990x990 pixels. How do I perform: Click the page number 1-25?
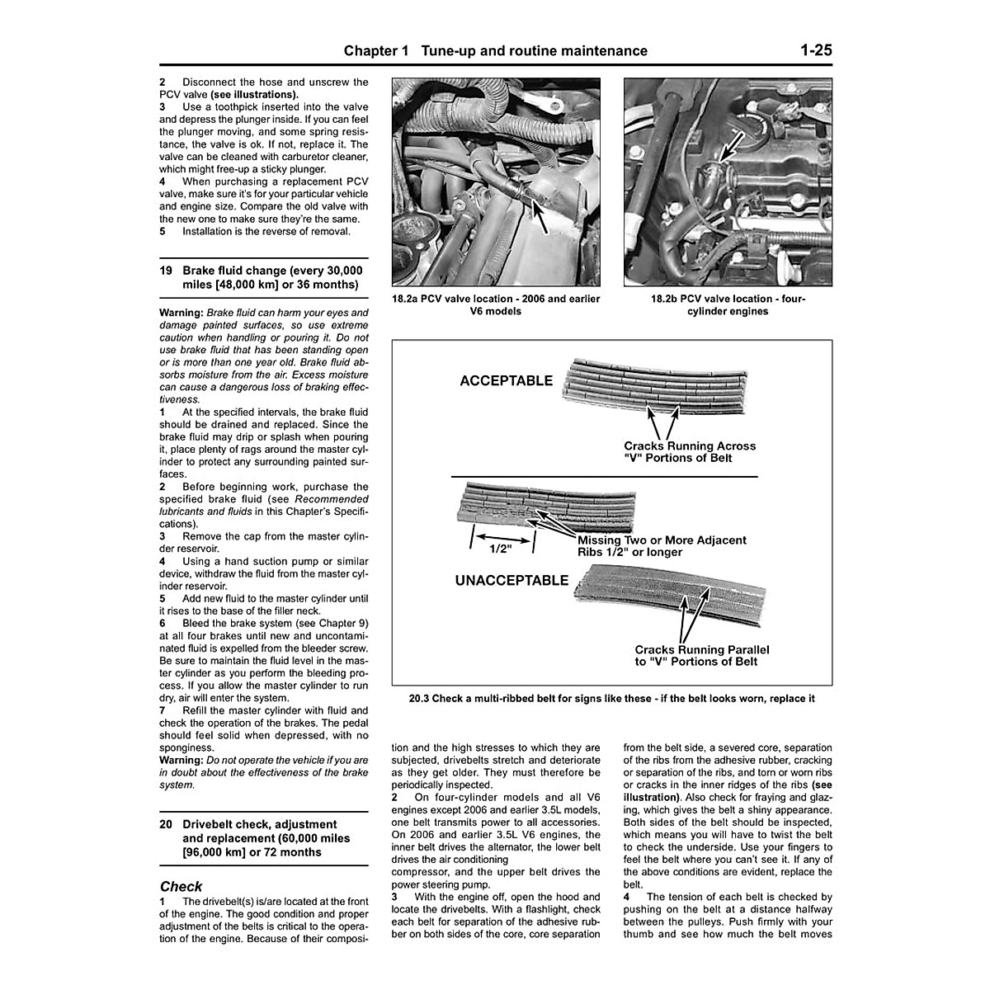[x=815, y=50]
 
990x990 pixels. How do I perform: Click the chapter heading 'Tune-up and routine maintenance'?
[x=534, y=51]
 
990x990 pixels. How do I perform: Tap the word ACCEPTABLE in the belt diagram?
[x=506, y=380]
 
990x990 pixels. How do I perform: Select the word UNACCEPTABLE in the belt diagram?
[x=511, y=580]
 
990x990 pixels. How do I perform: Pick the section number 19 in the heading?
[x=166, y=271]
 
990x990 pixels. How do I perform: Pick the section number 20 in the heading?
[x=166, y=824]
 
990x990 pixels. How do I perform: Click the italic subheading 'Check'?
[x=181, y=887]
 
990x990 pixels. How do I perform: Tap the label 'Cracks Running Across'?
[x=690, y=445]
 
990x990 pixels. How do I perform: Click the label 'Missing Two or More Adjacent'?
[x=662, y=540]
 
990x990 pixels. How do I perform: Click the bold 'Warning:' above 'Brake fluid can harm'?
[x=181, y=313]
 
